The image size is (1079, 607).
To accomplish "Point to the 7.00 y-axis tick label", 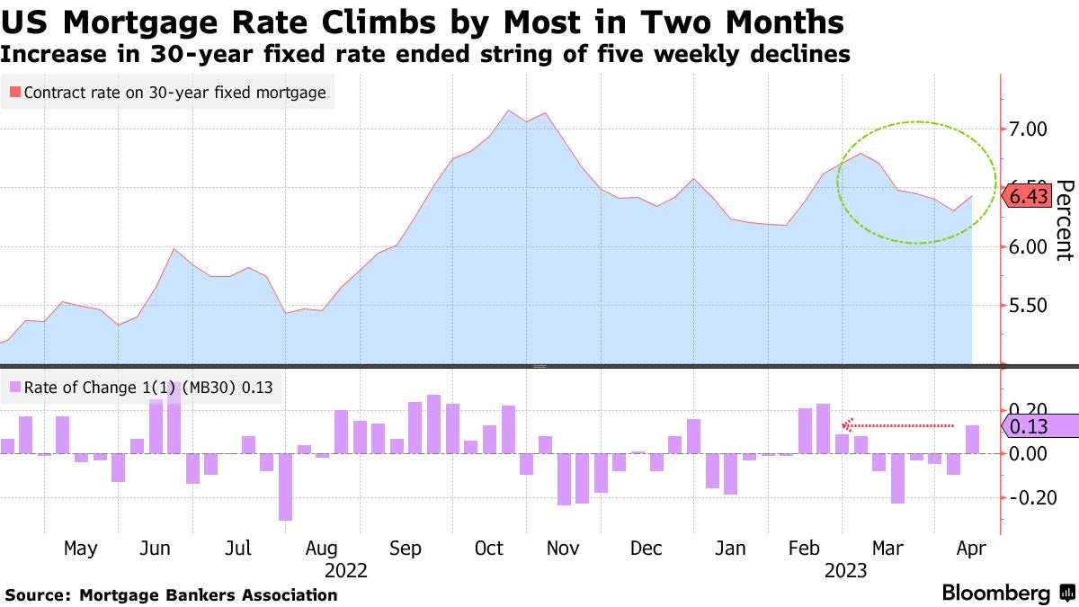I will point(1029,129).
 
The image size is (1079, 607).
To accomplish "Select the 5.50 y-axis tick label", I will point(1029,306).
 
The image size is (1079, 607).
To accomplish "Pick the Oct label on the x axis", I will point(488,549).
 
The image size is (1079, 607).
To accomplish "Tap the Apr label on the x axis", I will point(971,549).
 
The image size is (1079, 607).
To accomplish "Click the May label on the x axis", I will point(81,549).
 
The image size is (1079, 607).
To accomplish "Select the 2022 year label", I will point(346,570).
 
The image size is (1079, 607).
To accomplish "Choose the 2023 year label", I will point(845,570).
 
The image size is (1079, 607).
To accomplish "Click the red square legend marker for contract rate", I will point(14,92).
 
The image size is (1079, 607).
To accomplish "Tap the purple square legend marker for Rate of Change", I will point(14,388).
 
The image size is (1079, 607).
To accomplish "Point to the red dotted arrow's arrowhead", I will point(846,425).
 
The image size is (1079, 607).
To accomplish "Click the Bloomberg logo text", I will point(995,594).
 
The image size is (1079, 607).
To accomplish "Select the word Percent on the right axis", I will point(1064,220).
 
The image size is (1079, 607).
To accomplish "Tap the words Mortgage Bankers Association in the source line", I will point(208,595).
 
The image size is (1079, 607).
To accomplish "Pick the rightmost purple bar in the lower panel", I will point(972,439).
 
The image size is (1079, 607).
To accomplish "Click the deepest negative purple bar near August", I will point(285,486).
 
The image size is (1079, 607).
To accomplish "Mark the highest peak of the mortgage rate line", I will point(509,111).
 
